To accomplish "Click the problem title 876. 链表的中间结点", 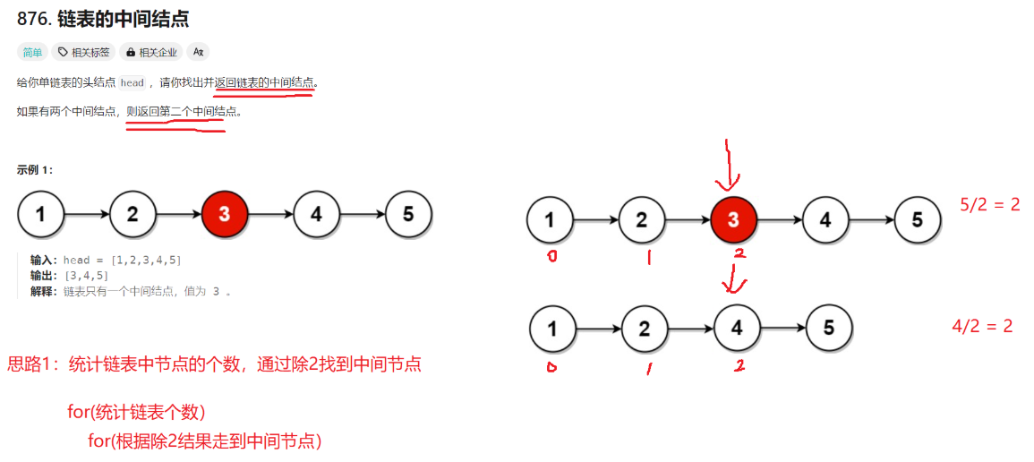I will (102, 19).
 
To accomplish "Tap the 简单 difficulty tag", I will (32, 52).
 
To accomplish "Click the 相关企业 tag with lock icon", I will (151, 52).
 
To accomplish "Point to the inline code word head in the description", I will (132, 83).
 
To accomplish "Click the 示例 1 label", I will (35, 169).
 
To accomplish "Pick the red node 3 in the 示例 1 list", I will (224, 214).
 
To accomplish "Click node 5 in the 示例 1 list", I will (408, 214).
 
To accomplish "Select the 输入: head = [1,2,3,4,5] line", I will (106, 260).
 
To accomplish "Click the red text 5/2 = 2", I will (989, 205).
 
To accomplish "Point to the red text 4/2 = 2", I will (982, 326).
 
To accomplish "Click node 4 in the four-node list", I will (737, 329).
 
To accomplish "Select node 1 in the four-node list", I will (552, 329).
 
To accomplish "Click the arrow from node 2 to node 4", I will (690, 329).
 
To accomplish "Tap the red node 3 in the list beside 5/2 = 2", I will (733, 219).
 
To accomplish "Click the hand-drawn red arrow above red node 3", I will (730, 166).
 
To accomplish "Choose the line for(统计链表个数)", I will (136, 413).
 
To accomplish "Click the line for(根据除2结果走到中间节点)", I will (204, 441).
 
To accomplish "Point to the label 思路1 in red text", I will (33, 364).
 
